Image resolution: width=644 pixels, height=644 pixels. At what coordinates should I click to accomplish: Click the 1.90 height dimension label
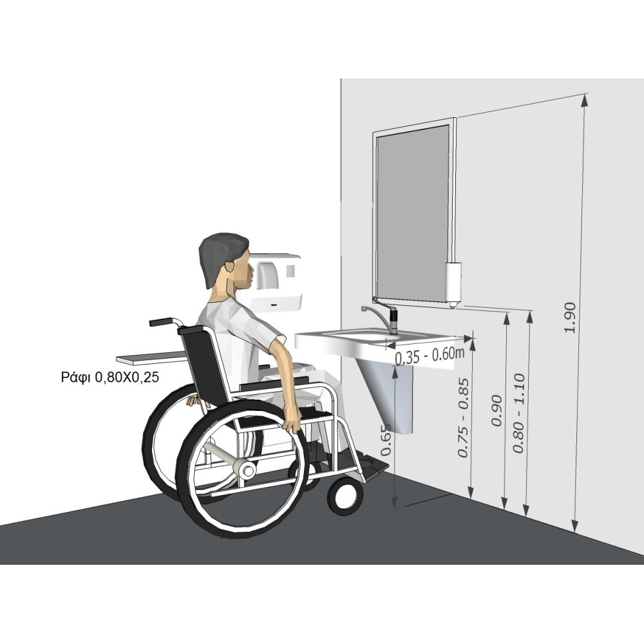[x=571, y=317]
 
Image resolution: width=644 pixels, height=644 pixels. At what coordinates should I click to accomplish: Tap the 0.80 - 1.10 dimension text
[x=519, y=413]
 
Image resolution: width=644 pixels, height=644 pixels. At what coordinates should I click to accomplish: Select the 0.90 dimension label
[x=497, y=410]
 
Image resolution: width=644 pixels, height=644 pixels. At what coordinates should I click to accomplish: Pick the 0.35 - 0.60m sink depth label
[x=430, y=355]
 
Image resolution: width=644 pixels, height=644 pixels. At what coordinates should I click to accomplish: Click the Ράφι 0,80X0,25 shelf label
[x=109, y=377]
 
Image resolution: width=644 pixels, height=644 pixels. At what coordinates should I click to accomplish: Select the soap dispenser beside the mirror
[x=453, y=284]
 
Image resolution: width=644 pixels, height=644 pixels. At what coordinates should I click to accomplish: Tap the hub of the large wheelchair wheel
[x=247, y=470]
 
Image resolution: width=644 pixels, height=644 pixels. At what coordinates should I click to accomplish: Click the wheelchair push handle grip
[x=161, y=321]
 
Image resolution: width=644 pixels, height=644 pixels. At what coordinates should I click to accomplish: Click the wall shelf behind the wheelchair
[x=152, y=358]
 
